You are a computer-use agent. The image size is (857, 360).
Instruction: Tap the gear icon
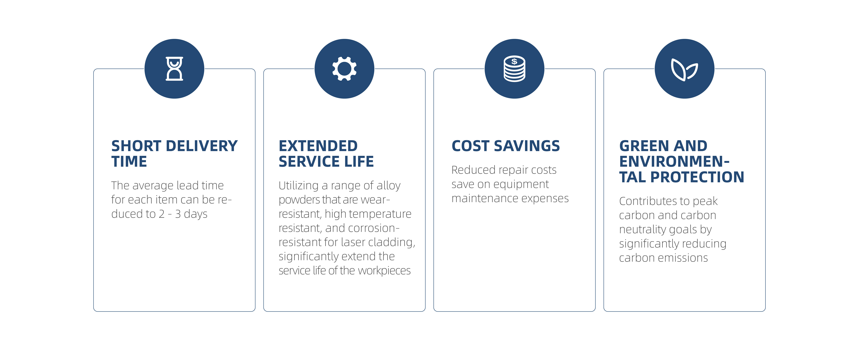[x=344, y=69]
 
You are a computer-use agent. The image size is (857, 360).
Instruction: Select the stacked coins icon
[x=514, y=69]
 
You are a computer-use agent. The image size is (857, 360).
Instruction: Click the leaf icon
[x=684, y=69]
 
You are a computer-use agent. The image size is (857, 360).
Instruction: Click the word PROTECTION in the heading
[x=697, y=177]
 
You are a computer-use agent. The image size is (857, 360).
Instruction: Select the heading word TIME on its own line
[x=129, y=162]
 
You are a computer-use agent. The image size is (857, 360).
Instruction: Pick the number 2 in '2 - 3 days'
[x=162, y=214]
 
